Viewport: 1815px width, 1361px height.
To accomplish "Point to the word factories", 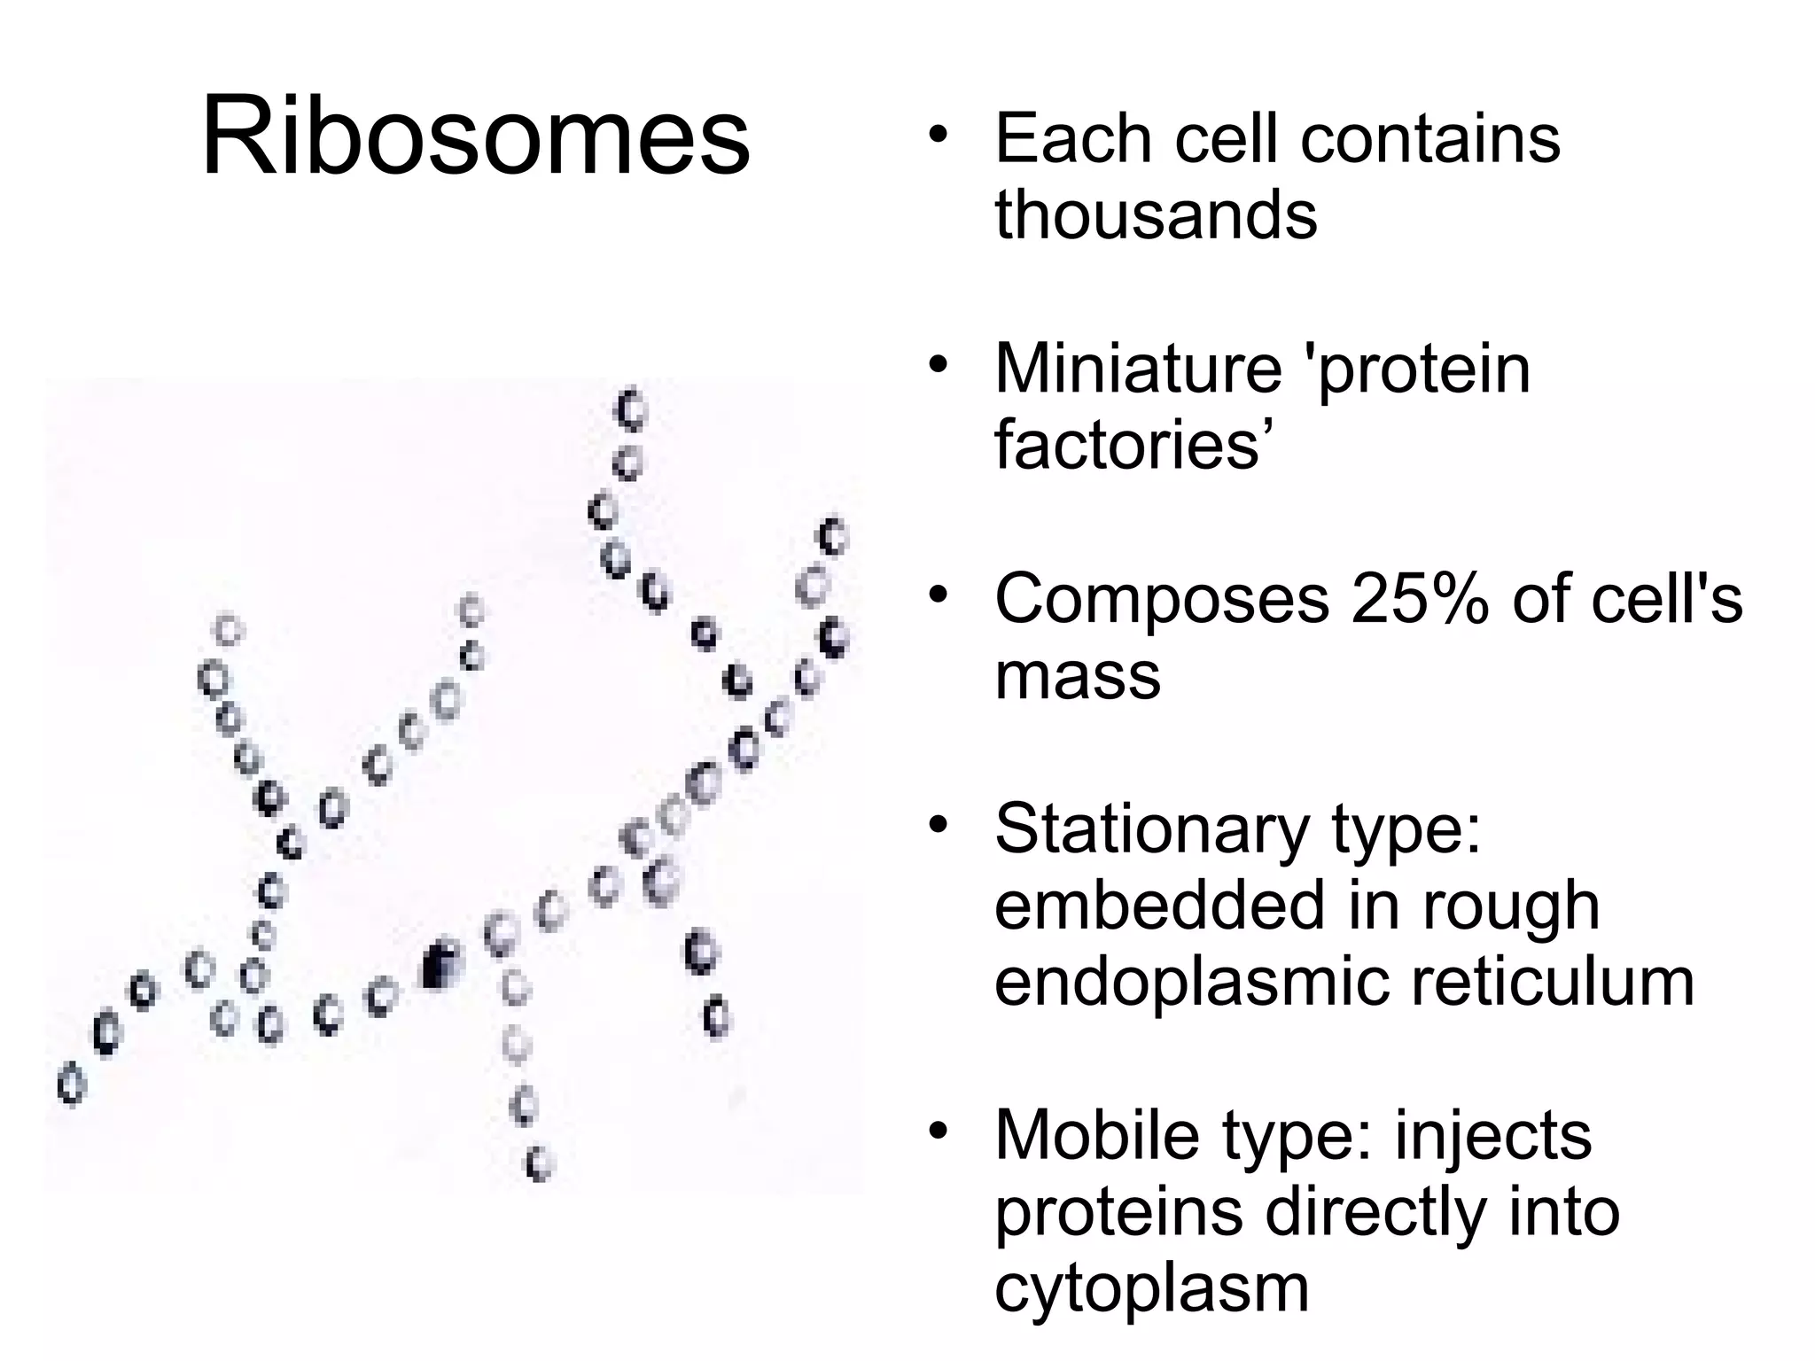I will [x=1127, y=445].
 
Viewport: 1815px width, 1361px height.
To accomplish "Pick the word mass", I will [x=1078, y=676].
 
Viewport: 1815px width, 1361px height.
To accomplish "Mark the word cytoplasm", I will [x=1151, y=1289].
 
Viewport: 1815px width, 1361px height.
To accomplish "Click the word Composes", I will [x=1162, y=600].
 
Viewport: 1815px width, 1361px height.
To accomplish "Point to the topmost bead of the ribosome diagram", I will [x=631, y=410].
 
